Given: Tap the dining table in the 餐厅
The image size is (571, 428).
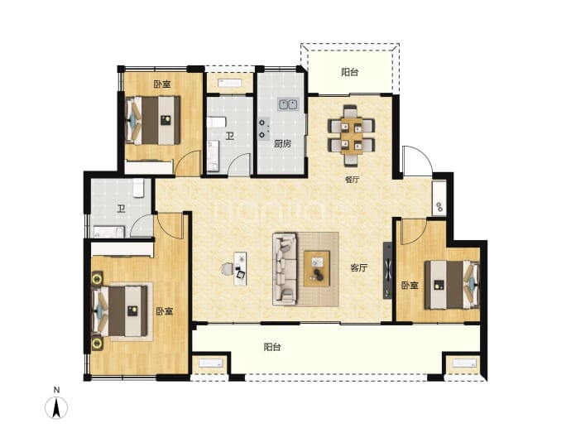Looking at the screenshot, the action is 352,136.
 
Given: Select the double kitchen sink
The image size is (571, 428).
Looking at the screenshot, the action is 288,104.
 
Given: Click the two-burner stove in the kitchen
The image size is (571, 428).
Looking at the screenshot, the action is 263,128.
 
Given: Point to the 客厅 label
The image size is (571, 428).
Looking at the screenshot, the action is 358,268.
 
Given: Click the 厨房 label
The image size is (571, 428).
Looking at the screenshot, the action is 282,143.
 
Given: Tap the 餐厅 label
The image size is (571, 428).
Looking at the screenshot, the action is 352,180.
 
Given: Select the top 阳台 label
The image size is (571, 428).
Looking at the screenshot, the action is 349,72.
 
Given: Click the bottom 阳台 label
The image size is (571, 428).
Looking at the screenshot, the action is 272,347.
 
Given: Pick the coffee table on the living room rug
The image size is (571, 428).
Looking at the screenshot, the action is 317,268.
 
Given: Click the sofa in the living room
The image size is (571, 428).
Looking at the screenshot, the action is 285,269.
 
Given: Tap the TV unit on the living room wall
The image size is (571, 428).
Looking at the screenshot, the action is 388,271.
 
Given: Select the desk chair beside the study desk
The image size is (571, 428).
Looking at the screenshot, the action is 227,269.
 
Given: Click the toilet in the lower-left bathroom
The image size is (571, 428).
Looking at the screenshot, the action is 138,188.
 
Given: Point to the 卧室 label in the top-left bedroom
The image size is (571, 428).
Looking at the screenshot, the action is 161,84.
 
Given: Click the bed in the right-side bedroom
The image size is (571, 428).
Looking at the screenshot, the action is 452,285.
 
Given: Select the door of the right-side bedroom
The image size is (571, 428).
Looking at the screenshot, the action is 414,233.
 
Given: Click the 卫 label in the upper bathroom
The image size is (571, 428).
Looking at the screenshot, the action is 229,137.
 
